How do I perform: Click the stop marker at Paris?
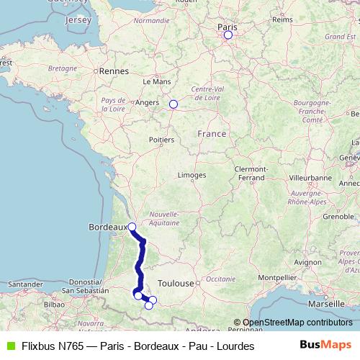tap(228, 35)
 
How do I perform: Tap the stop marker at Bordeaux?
tap(132, 227)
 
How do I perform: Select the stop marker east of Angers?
tap(173, 104)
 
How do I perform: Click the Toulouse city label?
tap(176, 284)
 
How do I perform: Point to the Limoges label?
tap(192, 175)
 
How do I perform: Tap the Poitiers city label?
tap(161, 140)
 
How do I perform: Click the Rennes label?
tap(114, 71)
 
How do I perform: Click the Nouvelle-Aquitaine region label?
tap(163, 218)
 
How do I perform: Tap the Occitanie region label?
tap(220, 277)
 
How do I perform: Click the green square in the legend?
tap(9, 346)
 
